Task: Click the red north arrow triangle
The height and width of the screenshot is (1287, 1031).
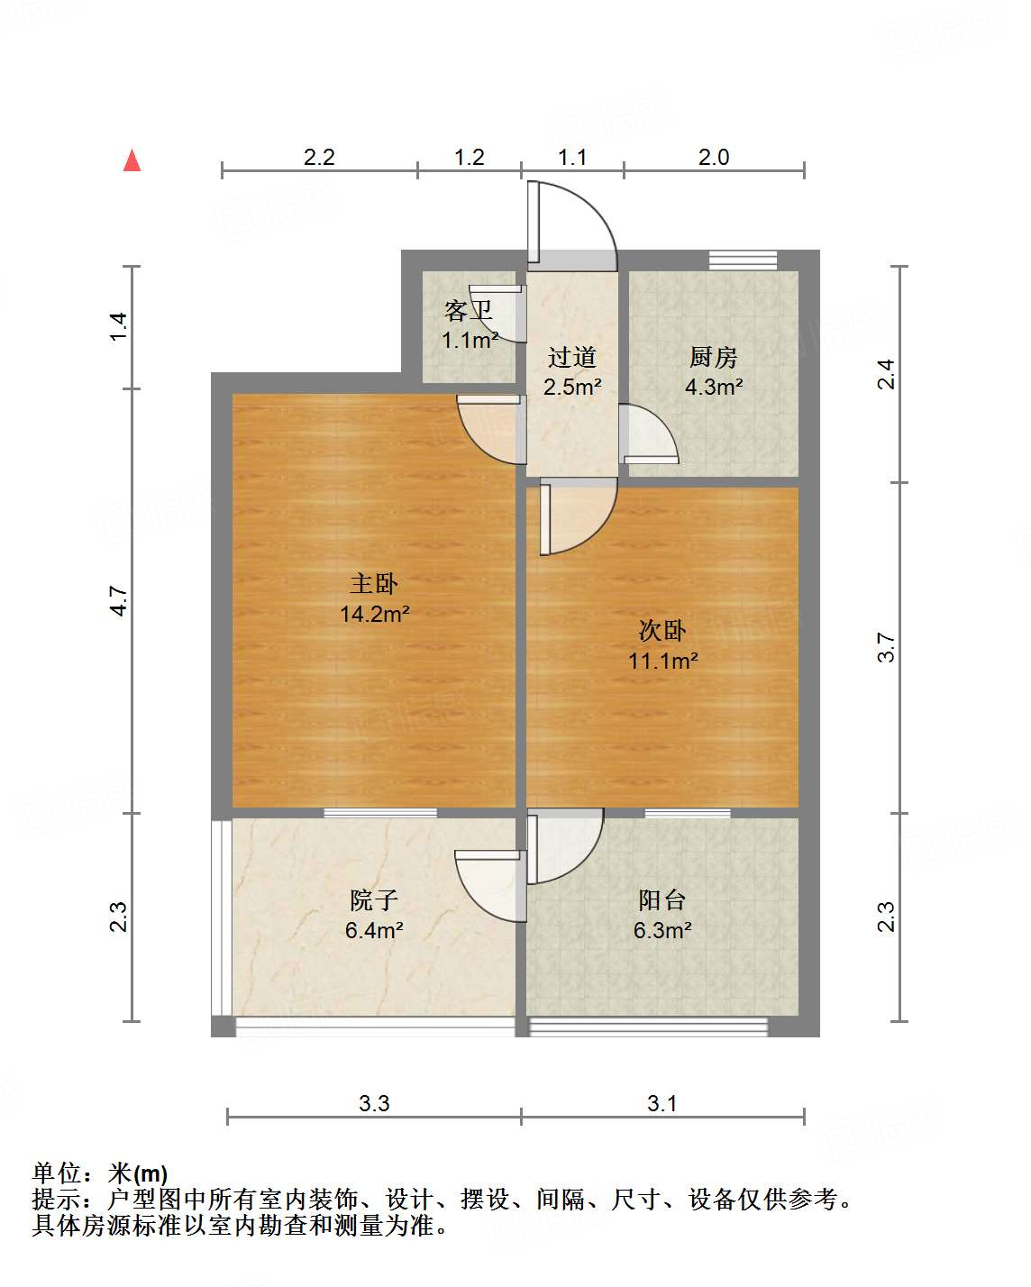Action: pos(132,160)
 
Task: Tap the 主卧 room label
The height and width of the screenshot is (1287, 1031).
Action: pos(374,584)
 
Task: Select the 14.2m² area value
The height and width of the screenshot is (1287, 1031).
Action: pos(374,615)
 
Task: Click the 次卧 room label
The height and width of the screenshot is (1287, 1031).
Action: pos(662,630)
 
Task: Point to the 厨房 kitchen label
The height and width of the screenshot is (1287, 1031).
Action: pos(713,358)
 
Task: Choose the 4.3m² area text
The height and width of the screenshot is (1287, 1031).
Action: pos(713,388)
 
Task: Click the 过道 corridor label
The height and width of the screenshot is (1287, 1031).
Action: pos(572,358)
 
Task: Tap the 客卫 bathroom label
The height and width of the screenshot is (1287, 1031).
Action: pos(469,312)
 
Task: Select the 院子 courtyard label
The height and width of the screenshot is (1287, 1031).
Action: pos(373,899)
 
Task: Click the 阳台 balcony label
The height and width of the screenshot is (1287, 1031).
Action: pos(662,899)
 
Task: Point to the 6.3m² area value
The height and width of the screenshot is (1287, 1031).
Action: pos(662,930)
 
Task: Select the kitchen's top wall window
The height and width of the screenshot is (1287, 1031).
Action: pos(743,260)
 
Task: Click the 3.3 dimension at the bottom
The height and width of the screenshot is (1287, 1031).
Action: pos(374,1103)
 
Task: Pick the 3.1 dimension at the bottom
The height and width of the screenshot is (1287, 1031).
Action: pos(662,1103)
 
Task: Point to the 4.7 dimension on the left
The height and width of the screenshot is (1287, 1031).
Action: pos(119,600)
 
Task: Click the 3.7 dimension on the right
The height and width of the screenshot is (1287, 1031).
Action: pos(887,647)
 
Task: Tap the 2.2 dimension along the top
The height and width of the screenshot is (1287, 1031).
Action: pos(319,158)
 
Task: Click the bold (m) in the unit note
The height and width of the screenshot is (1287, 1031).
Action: pos(151,1173)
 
